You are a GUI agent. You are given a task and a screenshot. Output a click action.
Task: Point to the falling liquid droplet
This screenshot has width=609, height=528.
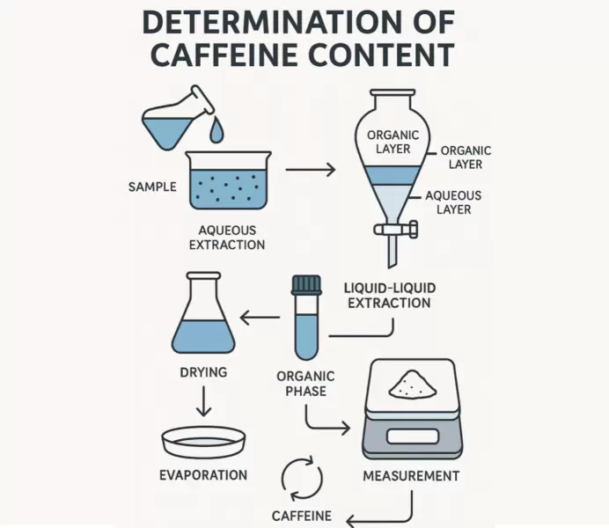coord(216,132)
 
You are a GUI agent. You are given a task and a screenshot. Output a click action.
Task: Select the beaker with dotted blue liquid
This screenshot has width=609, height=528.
coord(229,181)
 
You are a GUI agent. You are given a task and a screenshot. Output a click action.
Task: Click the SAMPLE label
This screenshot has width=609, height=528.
coord(152,187)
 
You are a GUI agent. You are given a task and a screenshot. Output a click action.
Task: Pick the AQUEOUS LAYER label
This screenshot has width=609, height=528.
coord(453,202)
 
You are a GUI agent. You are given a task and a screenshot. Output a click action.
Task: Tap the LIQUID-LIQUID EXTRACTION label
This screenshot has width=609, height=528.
coord(389,295)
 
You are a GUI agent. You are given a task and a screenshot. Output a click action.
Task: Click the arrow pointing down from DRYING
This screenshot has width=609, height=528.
coord(203,402)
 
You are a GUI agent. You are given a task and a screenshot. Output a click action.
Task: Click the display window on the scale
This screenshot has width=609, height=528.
coord(409,437)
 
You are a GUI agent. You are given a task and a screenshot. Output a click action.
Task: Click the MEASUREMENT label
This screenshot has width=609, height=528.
coord(411,476)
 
